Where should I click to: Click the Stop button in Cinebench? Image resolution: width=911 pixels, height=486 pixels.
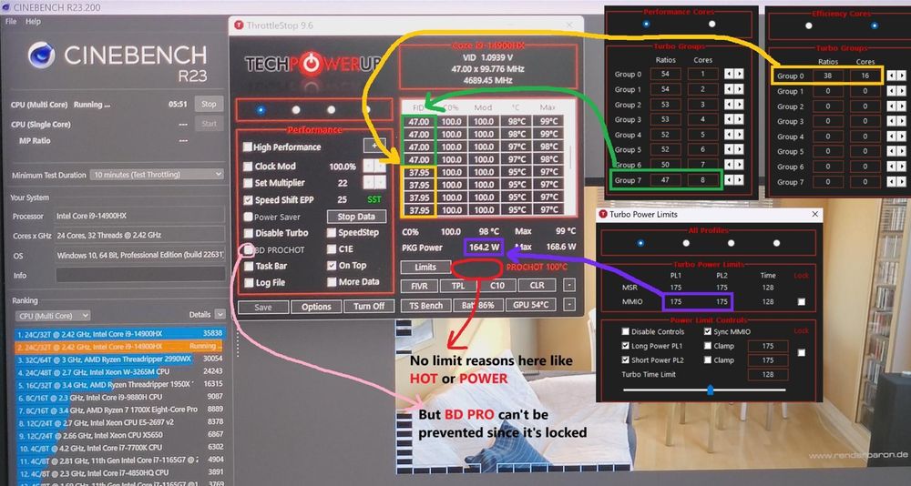tap(209, 104)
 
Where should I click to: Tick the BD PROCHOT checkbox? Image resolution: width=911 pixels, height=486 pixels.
tap(248, 249)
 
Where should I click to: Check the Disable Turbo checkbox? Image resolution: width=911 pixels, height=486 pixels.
tap(248, 233)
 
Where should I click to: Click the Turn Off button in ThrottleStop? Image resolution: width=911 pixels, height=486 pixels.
tap(368, 307)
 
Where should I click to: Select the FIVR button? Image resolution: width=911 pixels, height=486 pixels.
tap(418, 286)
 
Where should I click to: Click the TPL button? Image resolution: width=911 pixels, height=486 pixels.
tap(458, 286)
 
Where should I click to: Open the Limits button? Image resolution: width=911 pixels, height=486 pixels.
tap(425, 268)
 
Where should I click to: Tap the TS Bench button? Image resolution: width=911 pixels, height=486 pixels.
tap(425, 306)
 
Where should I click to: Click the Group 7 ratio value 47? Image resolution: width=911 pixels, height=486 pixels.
tap(665, 180)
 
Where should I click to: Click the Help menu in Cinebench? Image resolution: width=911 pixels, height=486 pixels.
tap(33, 21)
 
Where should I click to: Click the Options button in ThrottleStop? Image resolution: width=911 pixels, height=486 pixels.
tap(316, 307)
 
